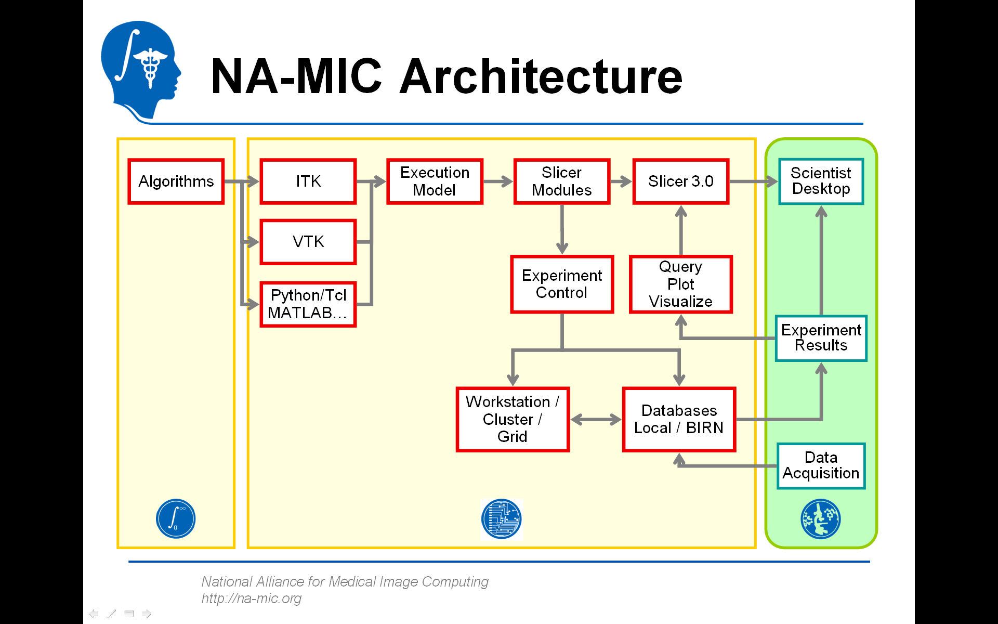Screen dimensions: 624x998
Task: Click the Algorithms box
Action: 176,181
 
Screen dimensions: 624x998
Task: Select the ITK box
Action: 308,181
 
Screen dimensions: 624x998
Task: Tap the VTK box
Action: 308,242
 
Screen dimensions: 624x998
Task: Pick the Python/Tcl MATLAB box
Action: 308,304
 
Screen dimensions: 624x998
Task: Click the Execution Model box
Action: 435,181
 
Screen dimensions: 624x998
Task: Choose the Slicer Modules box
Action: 561,181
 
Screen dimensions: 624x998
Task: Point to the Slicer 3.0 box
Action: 680,181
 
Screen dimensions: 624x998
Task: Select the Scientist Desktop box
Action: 821,181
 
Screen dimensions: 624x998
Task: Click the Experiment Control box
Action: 562,284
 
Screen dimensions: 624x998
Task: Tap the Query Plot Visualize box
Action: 680,284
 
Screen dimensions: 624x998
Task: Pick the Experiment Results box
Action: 821,338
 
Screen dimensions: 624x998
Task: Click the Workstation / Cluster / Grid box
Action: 513,419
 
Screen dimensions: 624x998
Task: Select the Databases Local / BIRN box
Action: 679,419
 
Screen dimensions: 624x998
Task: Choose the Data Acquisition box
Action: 821,465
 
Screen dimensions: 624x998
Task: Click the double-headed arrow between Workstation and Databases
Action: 596,420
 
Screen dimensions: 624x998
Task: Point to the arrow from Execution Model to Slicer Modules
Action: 498,181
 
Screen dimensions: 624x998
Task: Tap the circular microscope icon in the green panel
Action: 820,519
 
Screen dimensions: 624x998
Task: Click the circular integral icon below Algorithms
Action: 176,519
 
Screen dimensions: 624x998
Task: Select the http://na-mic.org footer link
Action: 252,599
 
